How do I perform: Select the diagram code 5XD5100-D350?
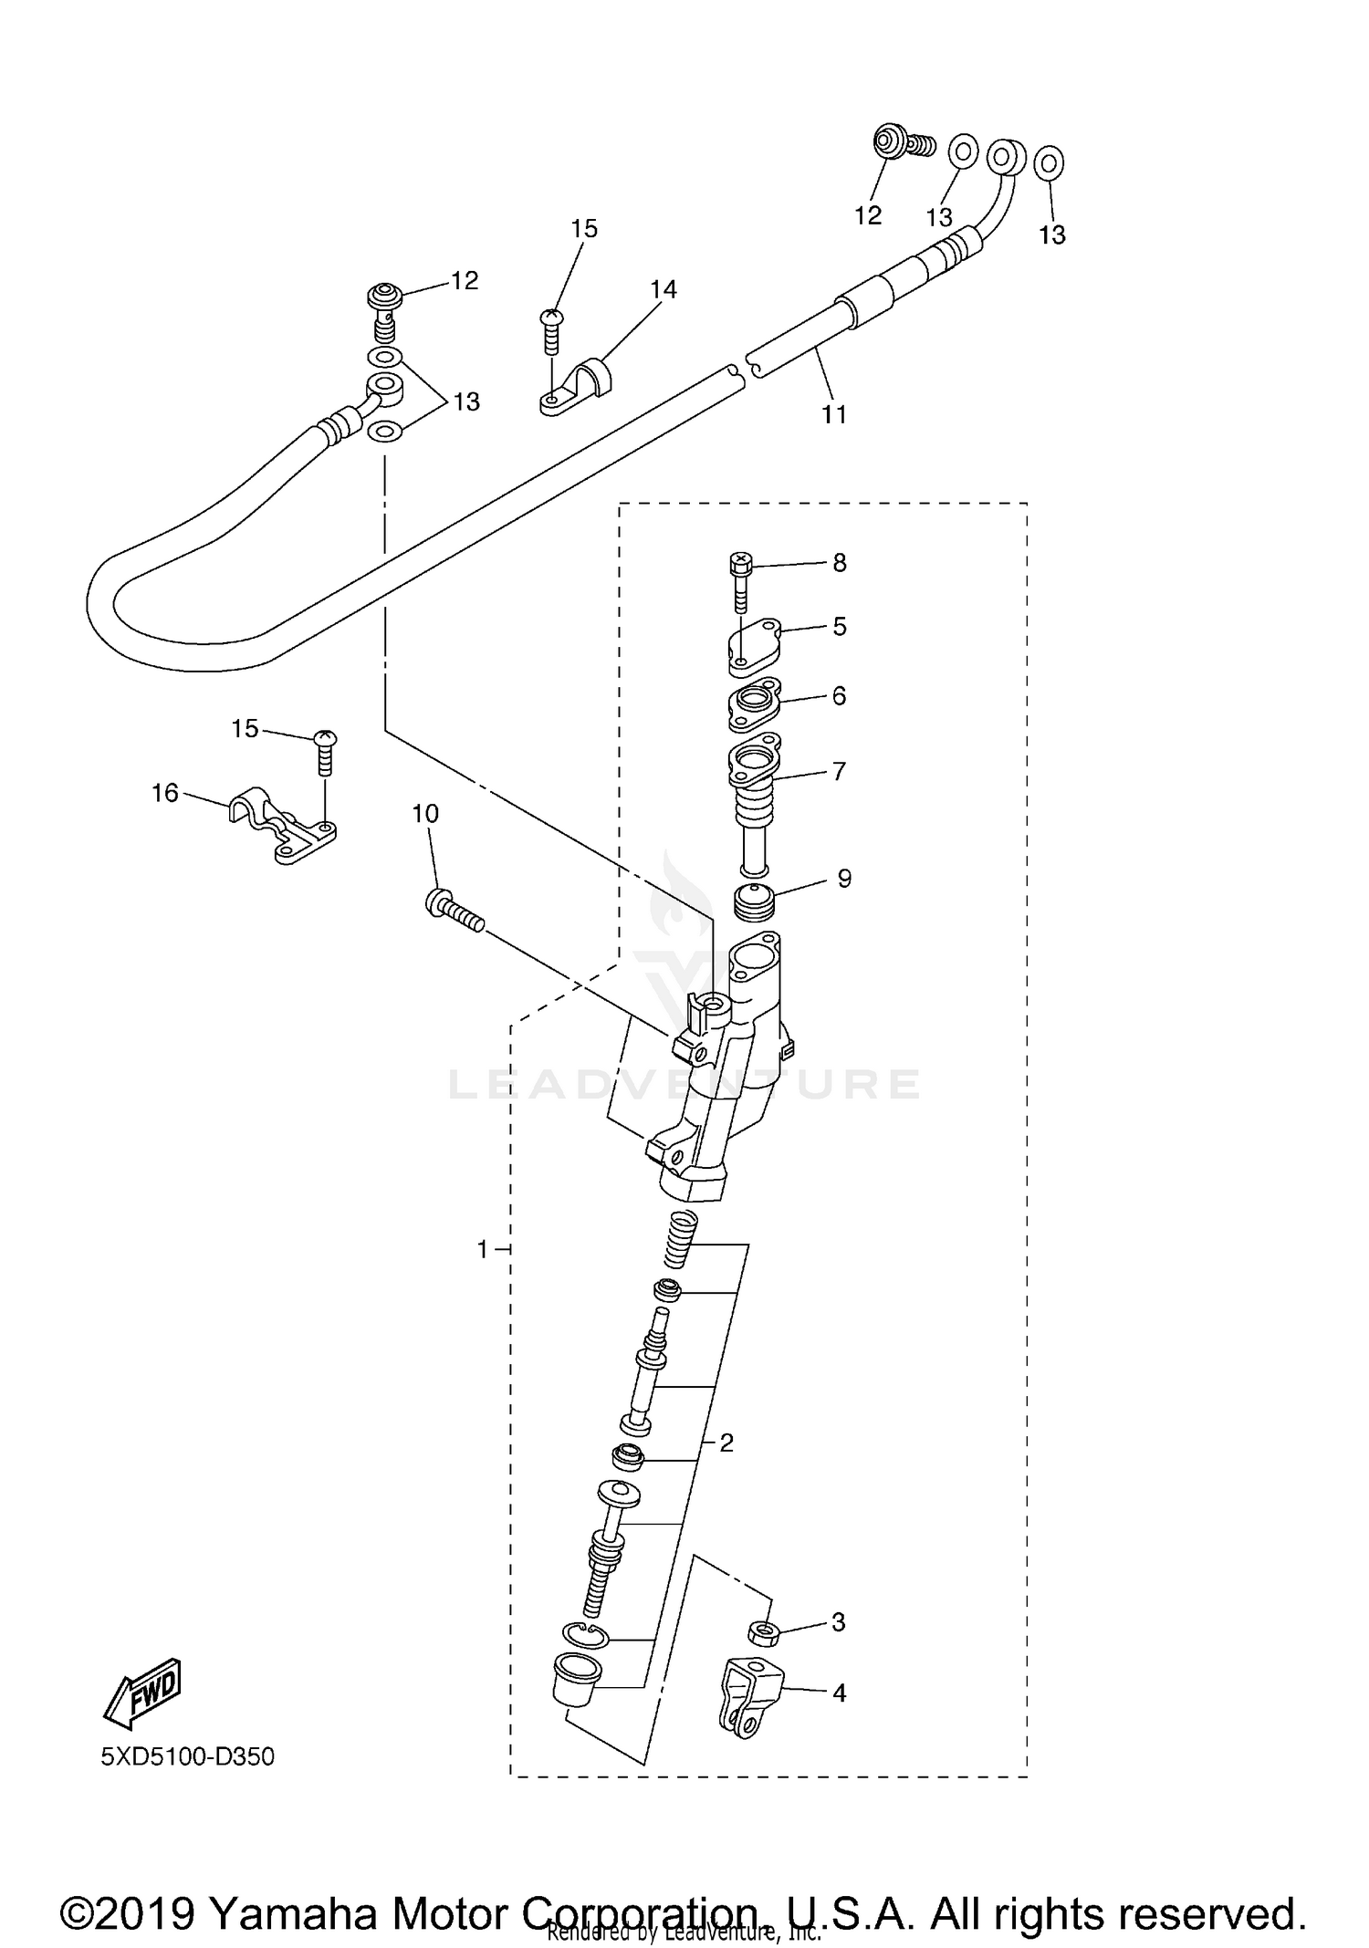tap(187, 1755)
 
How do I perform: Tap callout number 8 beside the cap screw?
tap(840, 563)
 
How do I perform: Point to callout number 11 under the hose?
tap(834, 415)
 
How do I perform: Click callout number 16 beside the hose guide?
tap(164, 793)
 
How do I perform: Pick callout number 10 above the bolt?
tap(425, 813)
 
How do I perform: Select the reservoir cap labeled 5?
tap(754, 649)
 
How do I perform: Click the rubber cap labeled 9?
tap(755, 903)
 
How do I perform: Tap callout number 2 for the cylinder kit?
tap(726, 1443)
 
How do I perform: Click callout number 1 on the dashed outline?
tap(483, 1249)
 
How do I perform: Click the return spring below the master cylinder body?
tap(680, 1239)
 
